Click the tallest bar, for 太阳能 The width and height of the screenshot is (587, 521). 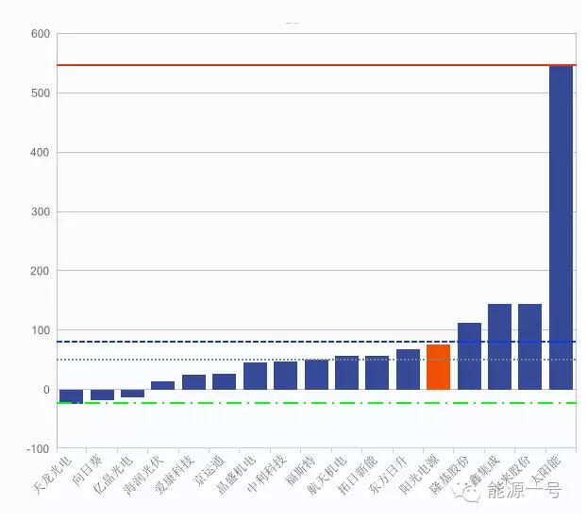point(561,227)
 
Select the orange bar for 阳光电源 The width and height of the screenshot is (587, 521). point(438,367)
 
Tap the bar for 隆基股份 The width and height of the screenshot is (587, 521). point(469,356)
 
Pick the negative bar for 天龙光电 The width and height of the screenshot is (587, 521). point(71,396)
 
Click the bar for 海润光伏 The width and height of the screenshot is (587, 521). point(162,385)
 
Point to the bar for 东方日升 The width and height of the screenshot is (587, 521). point(408,369)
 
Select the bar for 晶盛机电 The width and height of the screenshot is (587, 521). point(255,376)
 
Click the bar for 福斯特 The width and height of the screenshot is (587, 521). point(316,375)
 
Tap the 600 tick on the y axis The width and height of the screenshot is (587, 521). point(40,34)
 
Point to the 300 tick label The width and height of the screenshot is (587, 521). point(40,211)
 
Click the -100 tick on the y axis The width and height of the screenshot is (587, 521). point(37,448)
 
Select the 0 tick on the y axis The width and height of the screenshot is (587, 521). point(44,390)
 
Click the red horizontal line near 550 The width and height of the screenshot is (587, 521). point(283,65)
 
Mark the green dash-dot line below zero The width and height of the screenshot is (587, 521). point(283,403)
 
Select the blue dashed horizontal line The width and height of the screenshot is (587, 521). point(283,342)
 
